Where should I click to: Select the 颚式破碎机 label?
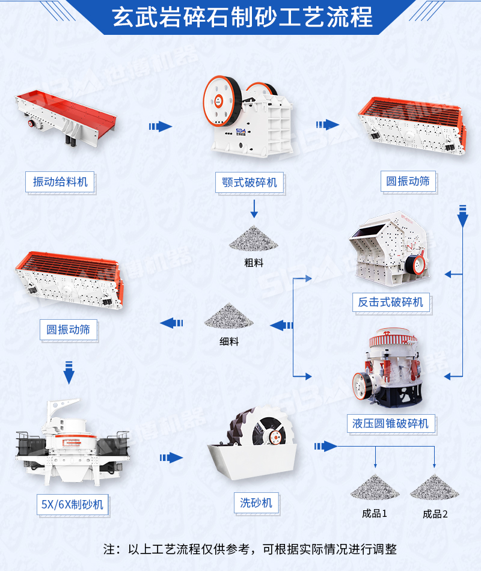(x=250, y=182)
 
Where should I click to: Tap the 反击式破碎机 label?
(x=391, y=302)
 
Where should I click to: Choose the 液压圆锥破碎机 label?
(x=391, y=423)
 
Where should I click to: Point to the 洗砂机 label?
(x=256, y=502)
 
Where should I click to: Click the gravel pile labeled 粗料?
(x=254, y=239)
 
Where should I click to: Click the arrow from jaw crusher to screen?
(x=327, y=125)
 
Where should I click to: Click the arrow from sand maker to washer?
(x=171, y=458)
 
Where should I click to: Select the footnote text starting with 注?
(x=250, y=549)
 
